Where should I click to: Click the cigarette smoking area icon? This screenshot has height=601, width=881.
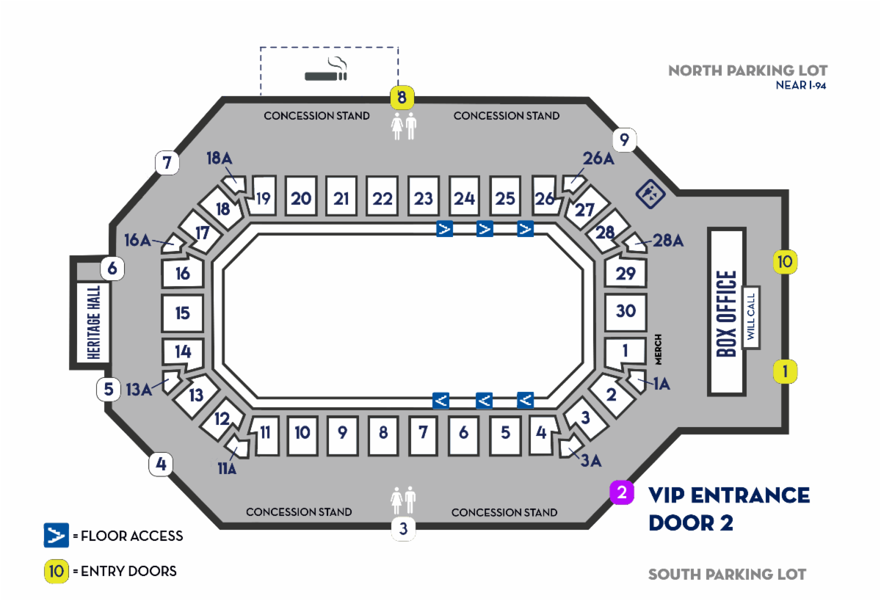(x=326, y=70)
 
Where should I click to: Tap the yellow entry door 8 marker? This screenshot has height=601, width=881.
(x=402, y=96)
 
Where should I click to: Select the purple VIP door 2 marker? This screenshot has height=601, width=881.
(x=621, y=492)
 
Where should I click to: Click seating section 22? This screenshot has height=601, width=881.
(x=383, y=198)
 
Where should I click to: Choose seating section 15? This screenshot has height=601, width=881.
(x=182, y=313)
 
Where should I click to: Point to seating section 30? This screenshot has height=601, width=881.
(x=626, y=311)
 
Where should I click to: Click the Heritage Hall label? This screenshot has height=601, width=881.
(x=93, y=322)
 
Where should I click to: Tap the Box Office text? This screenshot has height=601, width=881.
(x=726, y=313)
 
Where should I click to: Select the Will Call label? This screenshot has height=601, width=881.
(x=750, y=316)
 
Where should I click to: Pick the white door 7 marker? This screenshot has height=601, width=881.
(x=167, y=163)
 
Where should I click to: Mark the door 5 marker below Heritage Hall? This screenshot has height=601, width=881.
(x=109, y=389)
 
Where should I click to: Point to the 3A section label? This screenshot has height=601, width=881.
(x=592, y=460)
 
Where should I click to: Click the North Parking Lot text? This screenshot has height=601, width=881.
(x=747, y=70)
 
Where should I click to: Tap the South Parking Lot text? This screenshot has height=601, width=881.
(x=727, y=574)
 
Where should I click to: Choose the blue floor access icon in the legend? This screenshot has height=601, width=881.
(x=57, y=536)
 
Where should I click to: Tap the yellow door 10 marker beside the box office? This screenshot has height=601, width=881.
(x=785, y=261)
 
